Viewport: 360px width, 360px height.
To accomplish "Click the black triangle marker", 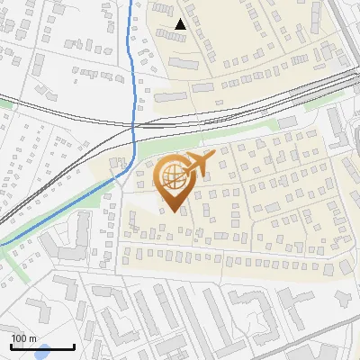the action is click(x=181, y=24).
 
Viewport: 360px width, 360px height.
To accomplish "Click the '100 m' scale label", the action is click(x=23, y=337).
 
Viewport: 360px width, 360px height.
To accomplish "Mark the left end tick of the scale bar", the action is click(x=11, y=346).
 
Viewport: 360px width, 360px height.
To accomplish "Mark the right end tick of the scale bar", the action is click(x=74, y=346).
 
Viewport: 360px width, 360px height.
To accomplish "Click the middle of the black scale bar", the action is click(x=42, y=346).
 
